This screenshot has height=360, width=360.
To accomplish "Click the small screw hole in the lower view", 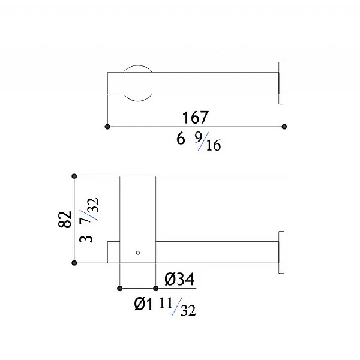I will pos(137,253).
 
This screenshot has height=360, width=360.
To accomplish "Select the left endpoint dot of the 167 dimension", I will pos(107,127).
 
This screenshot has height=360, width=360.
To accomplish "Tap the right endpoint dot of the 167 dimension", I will pos(284,127).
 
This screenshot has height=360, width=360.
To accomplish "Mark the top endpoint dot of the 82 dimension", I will pos(74,176).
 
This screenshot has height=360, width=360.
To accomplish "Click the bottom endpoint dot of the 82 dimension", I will pos(74,263).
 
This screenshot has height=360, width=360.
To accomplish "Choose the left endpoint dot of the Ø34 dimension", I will pos(121,288).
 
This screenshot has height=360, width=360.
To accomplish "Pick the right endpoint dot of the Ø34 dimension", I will pos(155,288).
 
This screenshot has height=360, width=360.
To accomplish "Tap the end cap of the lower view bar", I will pos(281,252).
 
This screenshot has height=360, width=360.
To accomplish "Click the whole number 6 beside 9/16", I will pos(179,140).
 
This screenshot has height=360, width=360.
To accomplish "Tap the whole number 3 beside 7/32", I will pos(88,238).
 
